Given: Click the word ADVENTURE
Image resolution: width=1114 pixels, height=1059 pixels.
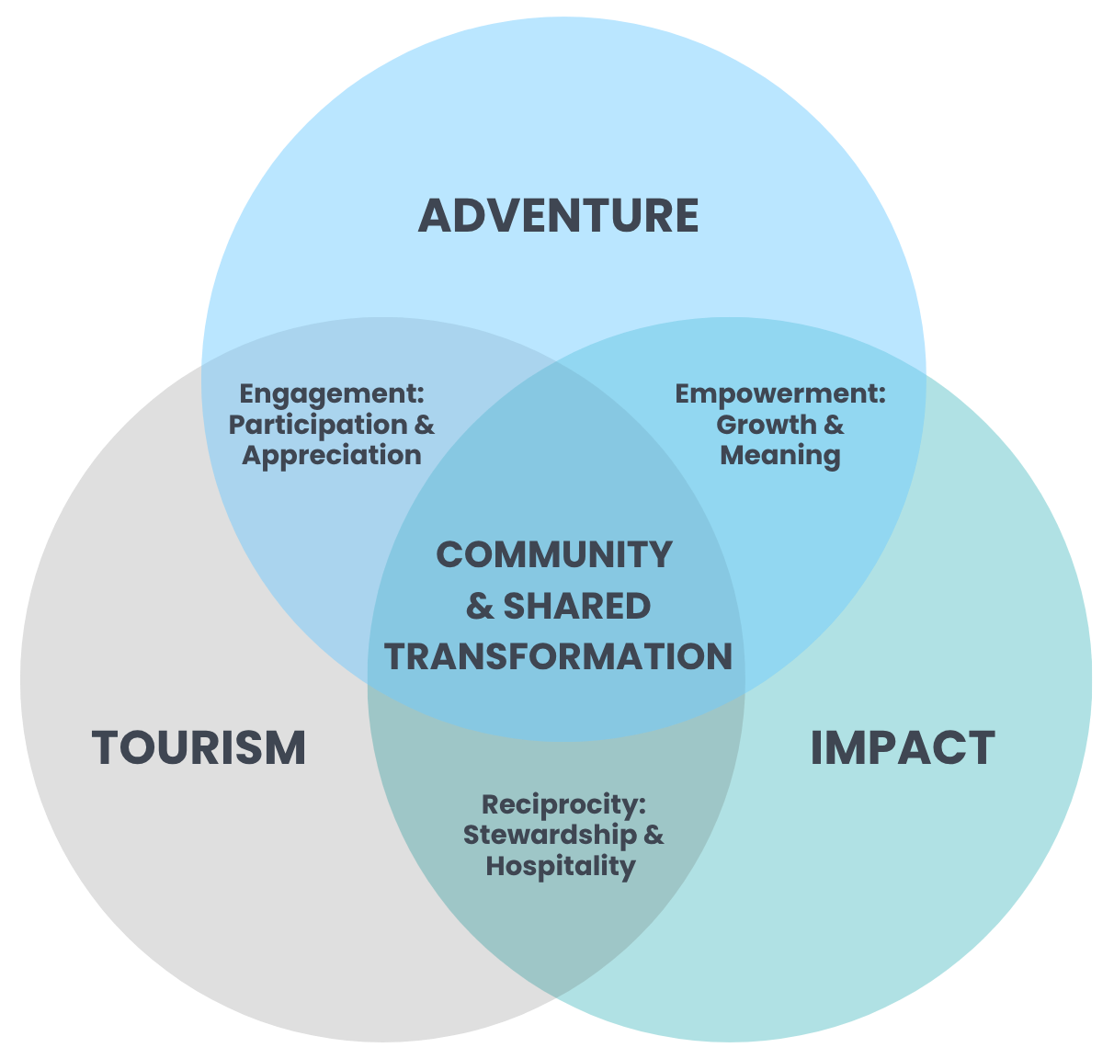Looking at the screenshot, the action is (558, 216).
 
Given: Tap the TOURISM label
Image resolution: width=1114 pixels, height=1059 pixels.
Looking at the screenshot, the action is (199, 747).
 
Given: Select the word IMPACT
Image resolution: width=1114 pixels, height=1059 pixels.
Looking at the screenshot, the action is (902, 747).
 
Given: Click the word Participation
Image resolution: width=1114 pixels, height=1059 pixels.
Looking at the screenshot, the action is (317, 425).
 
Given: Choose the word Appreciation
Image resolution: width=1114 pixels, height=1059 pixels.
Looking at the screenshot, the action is (332, 455).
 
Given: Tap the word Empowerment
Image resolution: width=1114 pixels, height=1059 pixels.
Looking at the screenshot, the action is (776, 394).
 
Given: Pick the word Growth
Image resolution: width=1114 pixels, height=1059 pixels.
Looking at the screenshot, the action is (766, 425).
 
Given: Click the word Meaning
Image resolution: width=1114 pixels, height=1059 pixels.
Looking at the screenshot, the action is (780, 455).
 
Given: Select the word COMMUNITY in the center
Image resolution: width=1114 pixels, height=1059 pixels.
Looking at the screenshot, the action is (554, 555).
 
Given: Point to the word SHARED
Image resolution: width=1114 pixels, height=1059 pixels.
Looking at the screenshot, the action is (577, 607).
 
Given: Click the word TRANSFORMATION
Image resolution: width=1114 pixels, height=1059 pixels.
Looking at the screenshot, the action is (558, 657).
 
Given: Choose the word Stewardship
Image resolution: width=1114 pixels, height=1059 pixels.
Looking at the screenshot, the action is (549, 836).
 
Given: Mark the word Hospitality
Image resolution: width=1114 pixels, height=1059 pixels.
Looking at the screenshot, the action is (561, 866).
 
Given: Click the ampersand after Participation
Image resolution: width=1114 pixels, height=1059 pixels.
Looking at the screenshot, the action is (425, 425).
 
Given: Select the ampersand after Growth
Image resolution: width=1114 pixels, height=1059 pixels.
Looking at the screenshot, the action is (834, 425).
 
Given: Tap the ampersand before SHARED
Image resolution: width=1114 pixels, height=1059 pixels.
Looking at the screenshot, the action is (480, 607).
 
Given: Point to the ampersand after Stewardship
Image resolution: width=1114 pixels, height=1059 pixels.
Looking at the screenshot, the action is (654, 836).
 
